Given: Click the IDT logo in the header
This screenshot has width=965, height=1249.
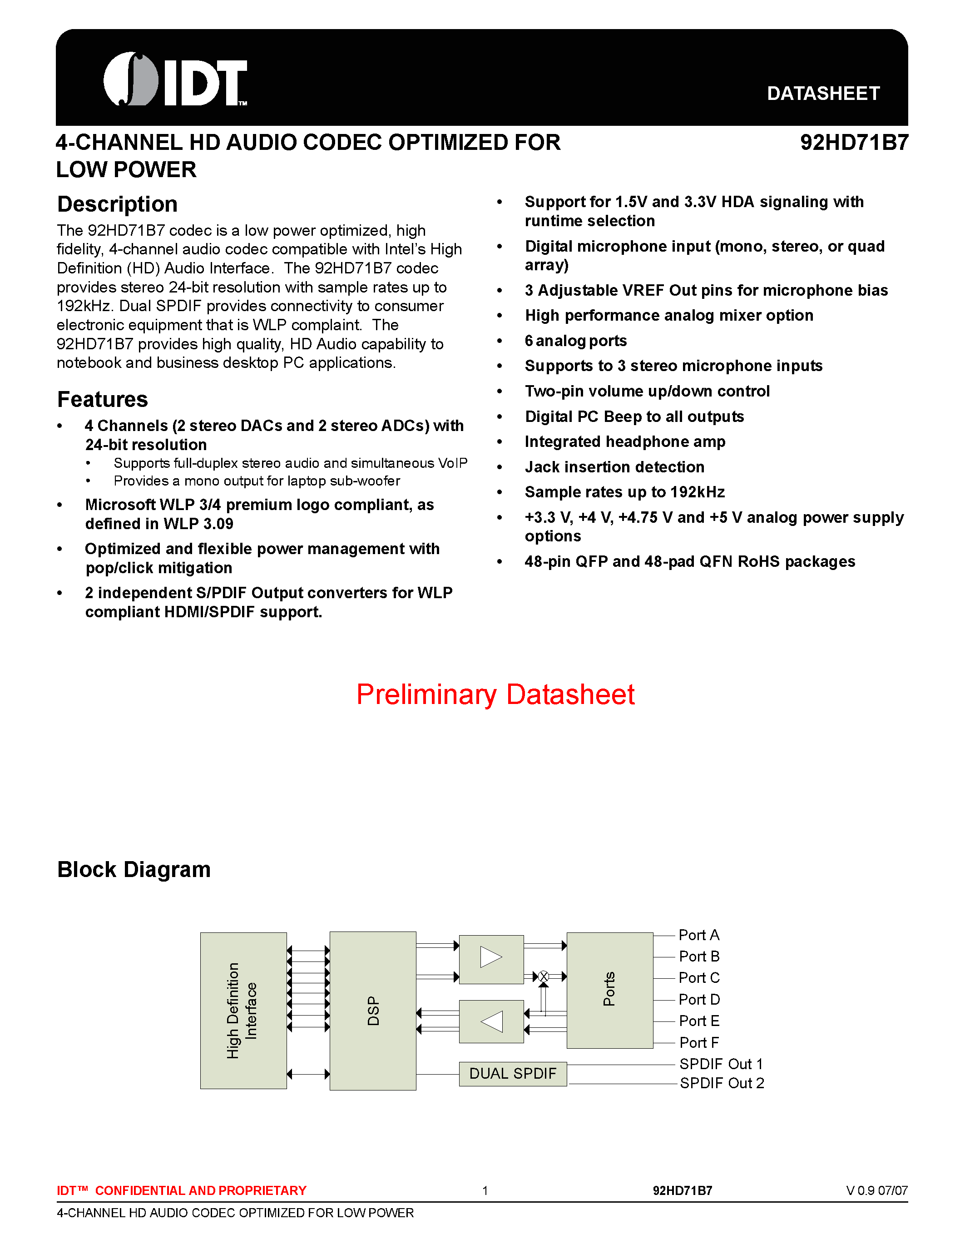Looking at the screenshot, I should point(175,79).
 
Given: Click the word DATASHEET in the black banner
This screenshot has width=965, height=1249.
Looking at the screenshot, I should point(823,93).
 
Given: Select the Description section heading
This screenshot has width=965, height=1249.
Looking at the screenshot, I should point(117,204).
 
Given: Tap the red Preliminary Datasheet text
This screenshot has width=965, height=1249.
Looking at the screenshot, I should point(495,694).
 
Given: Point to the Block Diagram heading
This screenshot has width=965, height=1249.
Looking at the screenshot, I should point(134,869).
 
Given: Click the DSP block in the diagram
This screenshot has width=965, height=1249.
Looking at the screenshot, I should point(373,1011).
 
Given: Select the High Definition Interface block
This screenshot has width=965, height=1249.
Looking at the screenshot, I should point(243,1011).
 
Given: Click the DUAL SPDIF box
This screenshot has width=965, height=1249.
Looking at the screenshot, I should point(513,1073).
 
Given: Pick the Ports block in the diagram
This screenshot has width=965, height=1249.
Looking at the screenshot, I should point(609,990).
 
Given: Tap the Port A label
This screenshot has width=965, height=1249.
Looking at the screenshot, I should point(698,935).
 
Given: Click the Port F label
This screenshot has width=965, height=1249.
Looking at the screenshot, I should point(698,1042).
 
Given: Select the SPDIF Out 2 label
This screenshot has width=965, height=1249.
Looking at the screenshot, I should point(722,1083).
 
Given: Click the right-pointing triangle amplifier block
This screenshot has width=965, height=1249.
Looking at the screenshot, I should point(491,959).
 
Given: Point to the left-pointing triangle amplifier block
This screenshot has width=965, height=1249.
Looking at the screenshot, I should point(491,1021).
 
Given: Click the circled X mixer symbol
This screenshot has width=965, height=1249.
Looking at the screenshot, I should point(544,976).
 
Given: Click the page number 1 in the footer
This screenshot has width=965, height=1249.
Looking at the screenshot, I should point(485,1191).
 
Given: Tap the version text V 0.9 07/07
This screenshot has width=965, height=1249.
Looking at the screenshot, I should point(876,1191).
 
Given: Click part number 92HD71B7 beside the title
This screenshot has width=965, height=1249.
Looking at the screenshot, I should point(854,143).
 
